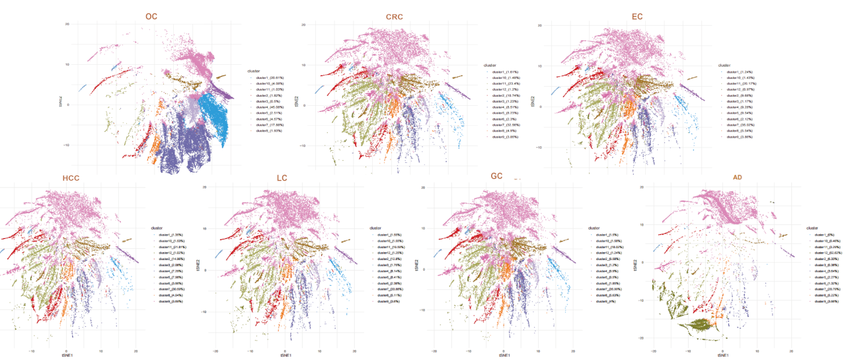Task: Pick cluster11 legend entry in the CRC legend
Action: (x=506, y=84)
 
